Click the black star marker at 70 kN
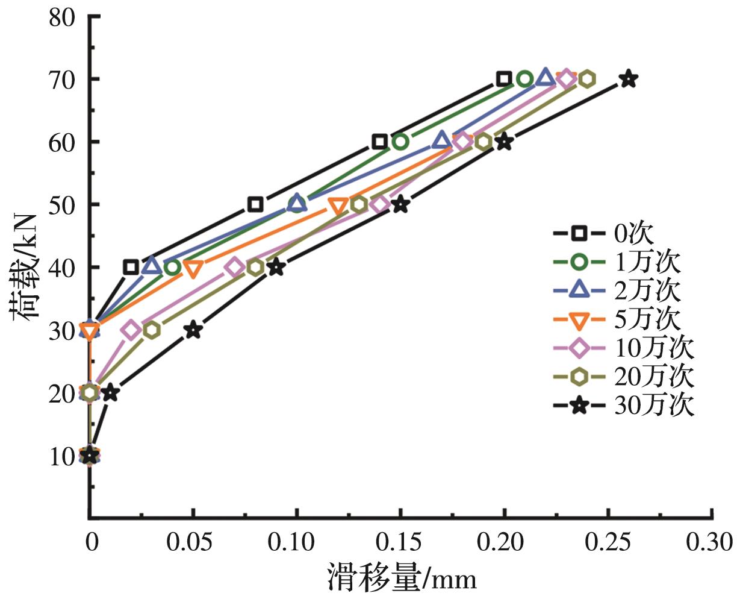[x=629, y=78]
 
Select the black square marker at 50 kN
[x=255, y=204]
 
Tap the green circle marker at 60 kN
[x=400, y=142]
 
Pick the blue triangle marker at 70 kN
[x=546, y=77]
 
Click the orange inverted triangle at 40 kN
[x=193, y=268]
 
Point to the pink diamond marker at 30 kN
[x=131, y=330]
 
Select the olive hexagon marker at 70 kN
[x=587, y=78]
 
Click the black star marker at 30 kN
[x=193, y=330]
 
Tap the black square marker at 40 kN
[x=131, y=267]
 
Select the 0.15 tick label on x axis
[x=400, y=542]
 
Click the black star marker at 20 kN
[x=110, y=393]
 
